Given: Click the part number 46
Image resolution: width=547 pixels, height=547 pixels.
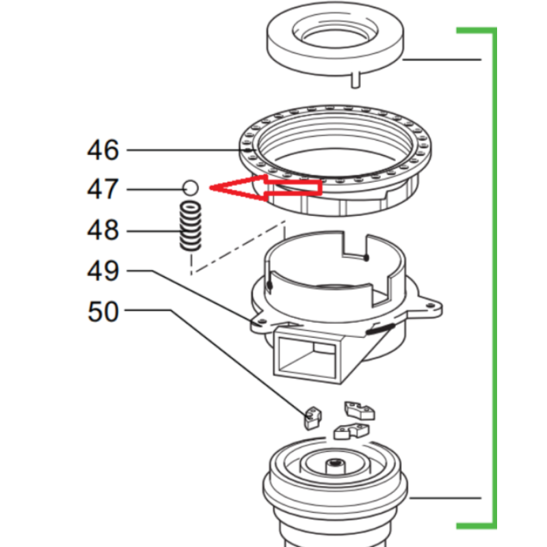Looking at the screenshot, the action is [103, 150].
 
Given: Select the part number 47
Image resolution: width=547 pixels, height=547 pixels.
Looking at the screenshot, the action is [103, 189].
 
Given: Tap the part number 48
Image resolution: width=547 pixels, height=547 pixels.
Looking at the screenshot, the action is [103, 230].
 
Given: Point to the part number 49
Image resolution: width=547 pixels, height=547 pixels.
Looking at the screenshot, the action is [103, 271].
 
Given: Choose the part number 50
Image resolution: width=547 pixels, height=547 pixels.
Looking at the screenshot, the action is [103, 312].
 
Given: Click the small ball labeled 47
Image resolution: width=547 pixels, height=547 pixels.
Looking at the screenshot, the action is [191, 188].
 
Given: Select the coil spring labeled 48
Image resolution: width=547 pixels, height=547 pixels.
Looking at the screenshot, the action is [191, 226].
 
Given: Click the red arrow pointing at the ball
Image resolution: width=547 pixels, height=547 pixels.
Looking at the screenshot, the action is [265, 188].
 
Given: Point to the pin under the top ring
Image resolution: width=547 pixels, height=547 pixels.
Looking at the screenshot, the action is [356, 80].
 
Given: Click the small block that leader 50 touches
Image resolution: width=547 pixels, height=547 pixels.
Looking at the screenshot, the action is [313, 418].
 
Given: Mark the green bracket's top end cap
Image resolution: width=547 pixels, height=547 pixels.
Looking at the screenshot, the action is [476, 31].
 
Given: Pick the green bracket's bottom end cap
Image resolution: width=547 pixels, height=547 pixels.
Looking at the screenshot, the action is [476, 526].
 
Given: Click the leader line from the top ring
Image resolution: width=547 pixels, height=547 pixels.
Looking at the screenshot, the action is [442, 59].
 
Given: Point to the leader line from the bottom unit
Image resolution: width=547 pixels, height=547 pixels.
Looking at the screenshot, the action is [445, 498].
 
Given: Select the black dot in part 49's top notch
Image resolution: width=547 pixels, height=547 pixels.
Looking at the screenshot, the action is [366, 258].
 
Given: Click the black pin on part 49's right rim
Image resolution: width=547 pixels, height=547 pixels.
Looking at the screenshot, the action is [380, 329].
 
